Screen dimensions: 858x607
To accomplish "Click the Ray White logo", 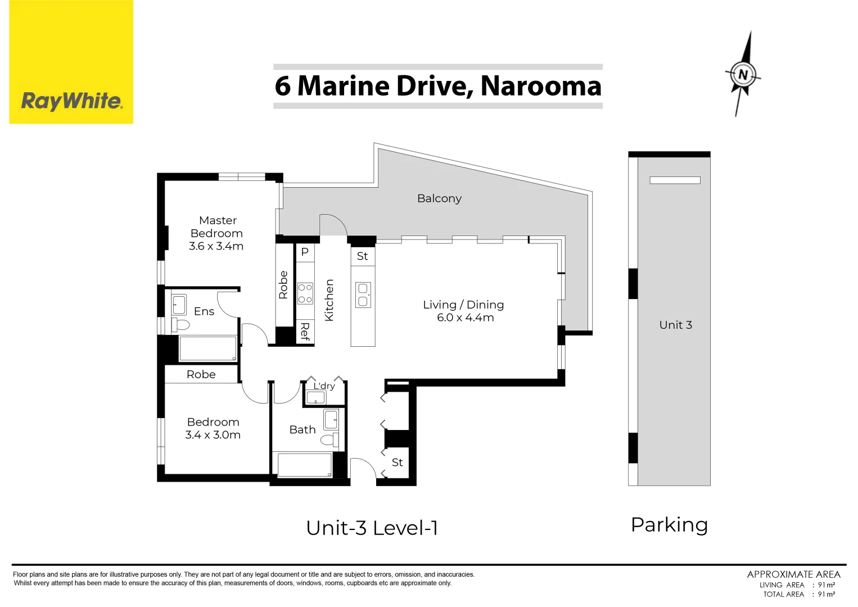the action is tap(71, 62).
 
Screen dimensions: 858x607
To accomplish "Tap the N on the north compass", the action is tap(743, 74).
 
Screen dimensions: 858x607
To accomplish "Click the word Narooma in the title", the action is tap(541, 86).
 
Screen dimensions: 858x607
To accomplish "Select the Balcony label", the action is tap(439, 198).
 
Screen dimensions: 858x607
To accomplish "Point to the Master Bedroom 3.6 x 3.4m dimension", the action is tap(216, 246).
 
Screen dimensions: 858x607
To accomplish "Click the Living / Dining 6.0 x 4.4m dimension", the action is tap(466, 318).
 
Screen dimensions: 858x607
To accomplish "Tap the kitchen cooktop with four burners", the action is tap(305, 293).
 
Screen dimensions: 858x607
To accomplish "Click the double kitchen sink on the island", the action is tap(363, 295).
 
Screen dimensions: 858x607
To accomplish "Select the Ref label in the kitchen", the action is tap(305, 331).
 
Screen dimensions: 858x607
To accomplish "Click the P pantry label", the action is tap(305, 252).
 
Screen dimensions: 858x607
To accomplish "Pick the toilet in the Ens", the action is tap(180, 325).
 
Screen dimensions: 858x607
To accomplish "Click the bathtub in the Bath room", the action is tap(305, 465).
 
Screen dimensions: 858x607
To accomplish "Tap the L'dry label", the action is tap(324, 386).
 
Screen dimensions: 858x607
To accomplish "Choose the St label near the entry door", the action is tap(397, 462).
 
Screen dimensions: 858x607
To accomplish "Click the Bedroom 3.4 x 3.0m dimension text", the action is tap(213, 434).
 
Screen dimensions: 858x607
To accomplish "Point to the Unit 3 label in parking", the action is tap(676, 325).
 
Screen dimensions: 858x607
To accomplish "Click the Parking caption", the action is tap(669, 526).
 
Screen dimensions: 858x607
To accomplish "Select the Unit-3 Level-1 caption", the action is tap(372, 528).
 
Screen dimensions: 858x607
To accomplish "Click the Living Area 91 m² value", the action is tap(826, 585).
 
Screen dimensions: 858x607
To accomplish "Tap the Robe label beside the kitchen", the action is tap(283, 284).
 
